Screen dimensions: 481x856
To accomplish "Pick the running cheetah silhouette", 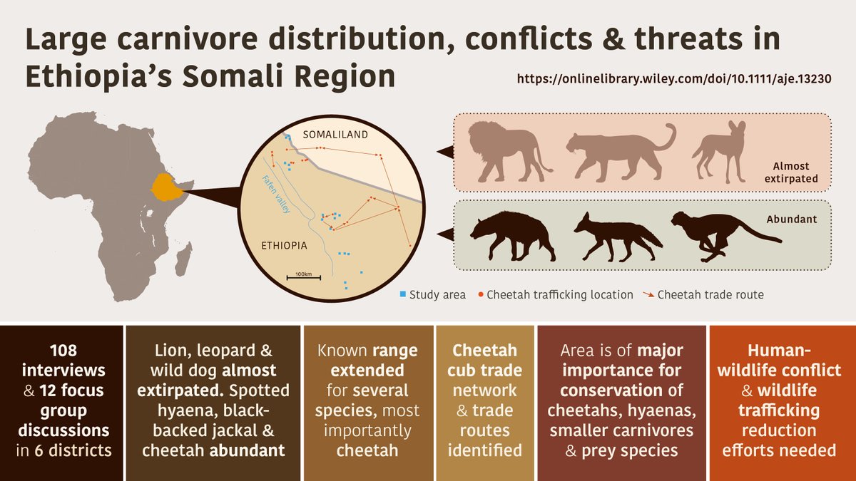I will coord(720,232).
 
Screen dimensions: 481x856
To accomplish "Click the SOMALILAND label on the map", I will coord(335,135).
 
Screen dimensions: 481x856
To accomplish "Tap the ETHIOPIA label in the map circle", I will coord(283,245).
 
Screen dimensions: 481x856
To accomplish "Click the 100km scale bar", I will coord(303,276).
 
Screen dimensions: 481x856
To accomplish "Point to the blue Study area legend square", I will coord(402,294).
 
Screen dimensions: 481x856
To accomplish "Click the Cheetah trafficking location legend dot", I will coord(481,294).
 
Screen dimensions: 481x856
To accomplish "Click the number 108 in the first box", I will coord(62,351).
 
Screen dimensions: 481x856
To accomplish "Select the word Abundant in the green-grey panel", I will coord(791,219).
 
